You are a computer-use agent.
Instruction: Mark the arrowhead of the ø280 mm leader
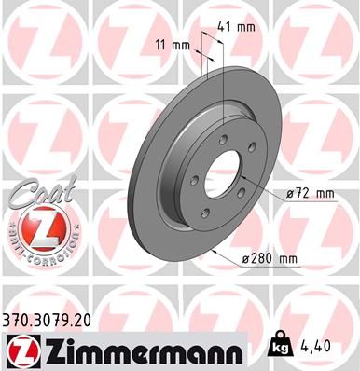pyautogui.click(x=213, y=248)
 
